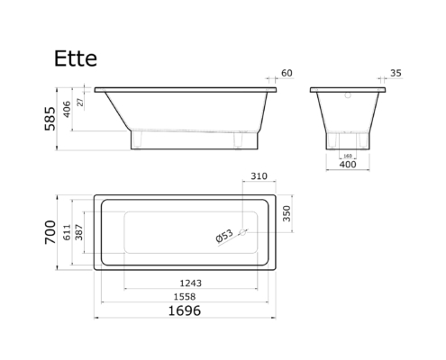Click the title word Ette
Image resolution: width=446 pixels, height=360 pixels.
coord(76,58)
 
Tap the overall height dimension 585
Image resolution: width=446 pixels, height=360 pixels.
coord(50,119)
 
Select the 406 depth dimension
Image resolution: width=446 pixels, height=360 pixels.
coord(67,109)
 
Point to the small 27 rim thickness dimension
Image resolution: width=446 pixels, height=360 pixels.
coord(80,103)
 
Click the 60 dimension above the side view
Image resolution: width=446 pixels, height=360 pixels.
coord(287,73)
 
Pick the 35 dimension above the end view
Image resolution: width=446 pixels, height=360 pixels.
coord(396,73)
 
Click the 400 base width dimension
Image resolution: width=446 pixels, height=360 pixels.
coord(348,165)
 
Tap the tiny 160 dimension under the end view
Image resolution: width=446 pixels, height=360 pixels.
coord(348,156)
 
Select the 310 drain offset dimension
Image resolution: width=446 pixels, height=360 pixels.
coord(259,176)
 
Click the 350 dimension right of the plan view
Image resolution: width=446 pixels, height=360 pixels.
coord(287,213)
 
